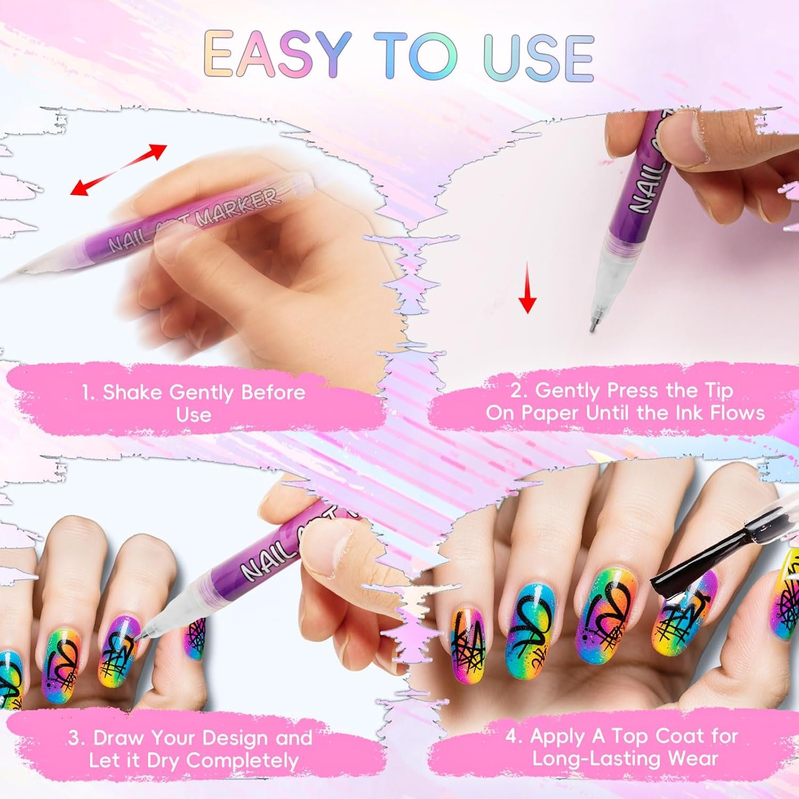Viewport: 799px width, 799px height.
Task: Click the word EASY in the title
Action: [x=276, y=55]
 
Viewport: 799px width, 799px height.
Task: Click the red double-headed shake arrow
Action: [x=118, y=169]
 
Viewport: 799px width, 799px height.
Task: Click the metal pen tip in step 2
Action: [x=593, y=324]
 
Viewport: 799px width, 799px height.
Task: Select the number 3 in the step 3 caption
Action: [x=75, y=738]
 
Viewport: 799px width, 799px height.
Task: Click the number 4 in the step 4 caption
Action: [x=512, y=737]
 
